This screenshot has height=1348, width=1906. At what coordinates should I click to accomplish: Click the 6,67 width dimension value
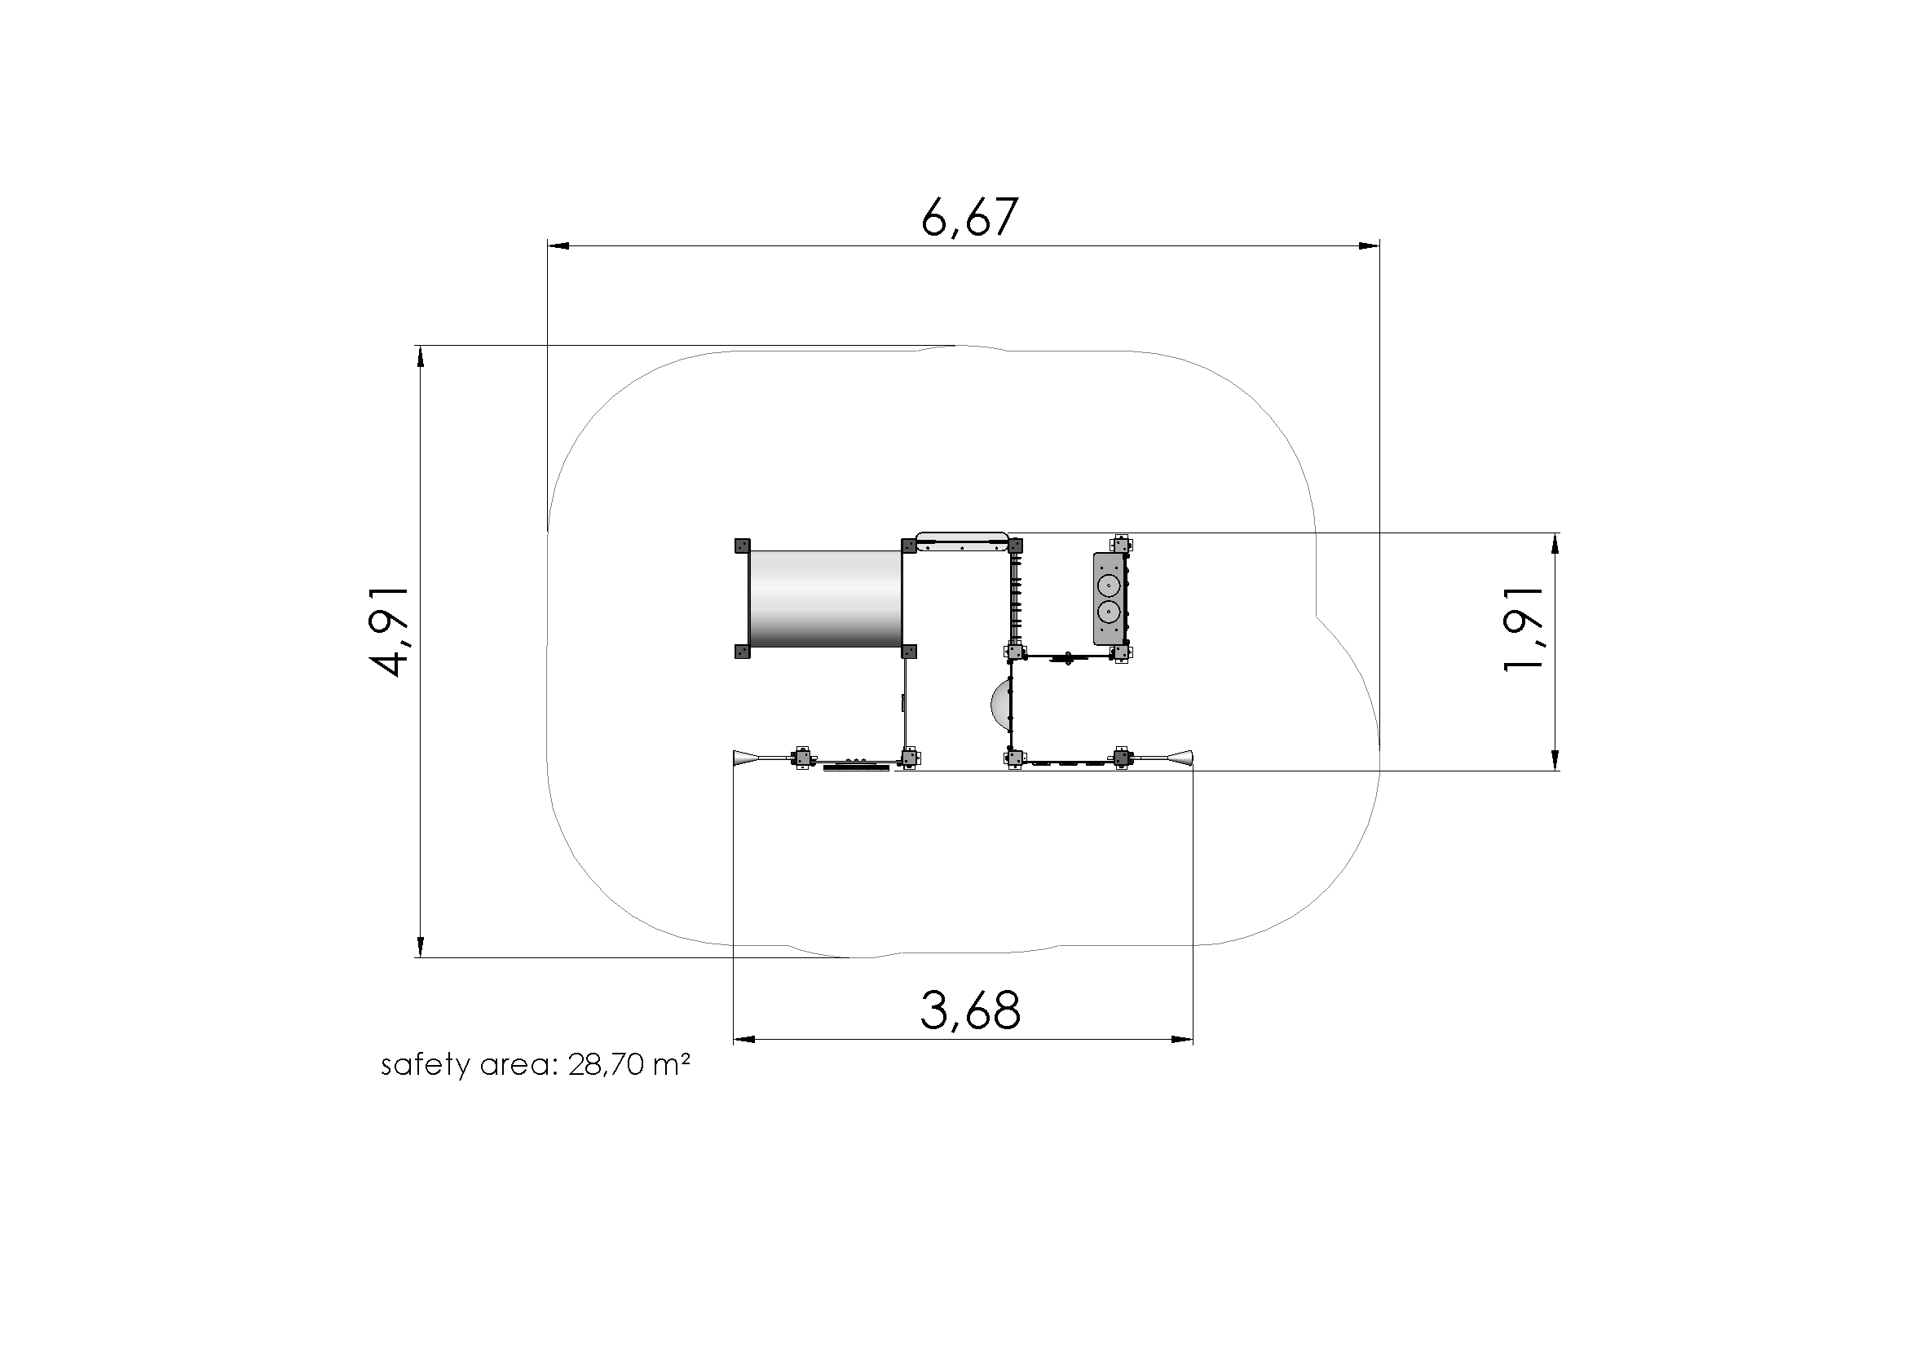968,218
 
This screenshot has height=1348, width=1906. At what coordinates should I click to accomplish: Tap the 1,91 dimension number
1524,628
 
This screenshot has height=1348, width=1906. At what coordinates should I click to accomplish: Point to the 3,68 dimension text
970,1010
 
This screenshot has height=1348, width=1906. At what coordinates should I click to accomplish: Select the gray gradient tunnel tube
825,599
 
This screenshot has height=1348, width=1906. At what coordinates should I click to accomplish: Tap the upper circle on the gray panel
1107,585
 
